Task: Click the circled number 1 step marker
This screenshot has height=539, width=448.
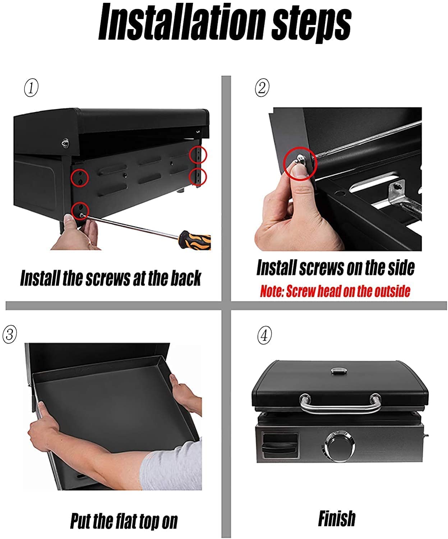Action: pyautogui.click(x=31, y=88)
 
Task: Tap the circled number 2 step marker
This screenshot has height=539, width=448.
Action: pyautogui.click(x=262, y=87)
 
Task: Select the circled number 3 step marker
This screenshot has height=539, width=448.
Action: pyautogui.click(x=10, y=334)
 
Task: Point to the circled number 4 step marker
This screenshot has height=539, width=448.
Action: pyautogui.click(x=264, y=336)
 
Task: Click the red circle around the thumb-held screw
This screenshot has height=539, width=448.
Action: pyautogui.click(x=300, y=164)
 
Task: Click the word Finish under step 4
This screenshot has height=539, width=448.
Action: pyautogui.click(x=337, y=519)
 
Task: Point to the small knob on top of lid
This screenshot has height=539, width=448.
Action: pyautogui.click(x=338, y=371)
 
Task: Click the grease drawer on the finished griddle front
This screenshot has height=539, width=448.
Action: pyautogui.click(x=280, y=446)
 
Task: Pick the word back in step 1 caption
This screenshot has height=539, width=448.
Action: pyautogui.click(x=185, y=278)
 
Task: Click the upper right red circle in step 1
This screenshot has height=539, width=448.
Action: pyautogui.click(x=198, y=155)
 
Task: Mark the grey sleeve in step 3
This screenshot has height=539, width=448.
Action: pyautogui.click(x=172, y=467)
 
